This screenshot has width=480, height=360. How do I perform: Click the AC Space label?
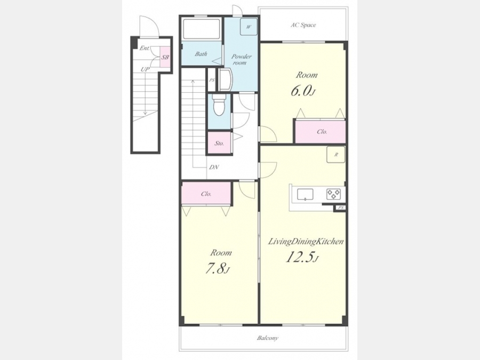pyautogui.click(x=303, y=25)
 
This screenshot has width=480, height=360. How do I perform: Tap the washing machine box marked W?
pyautogui.click(x=248, y=26)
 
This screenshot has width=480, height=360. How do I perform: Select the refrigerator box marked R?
pyautogui.click(x=336, y=154)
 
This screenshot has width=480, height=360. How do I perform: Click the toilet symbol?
pyautogui.click(x=219, y=105)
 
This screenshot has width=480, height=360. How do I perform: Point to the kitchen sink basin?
pyautogui.click(x=305, y=194)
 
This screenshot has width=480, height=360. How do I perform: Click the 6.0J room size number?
pyautogui.click(x=303, y=91)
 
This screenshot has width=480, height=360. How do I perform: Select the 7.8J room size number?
pyautogui.click(x=217, y=269)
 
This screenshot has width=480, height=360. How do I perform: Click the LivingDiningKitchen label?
pyautogui.click(x=306, y=242)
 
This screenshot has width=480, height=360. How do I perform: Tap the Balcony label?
pyautogui.click(x=268, y=338)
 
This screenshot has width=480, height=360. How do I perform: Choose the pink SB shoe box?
pyautogui.click(x=165, y=57)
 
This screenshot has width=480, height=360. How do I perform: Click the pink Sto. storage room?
pyautogui.click(x=219, y=142)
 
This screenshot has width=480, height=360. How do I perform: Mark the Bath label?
pyautogui.click(x=201, y=54)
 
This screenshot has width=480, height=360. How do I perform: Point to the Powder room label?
pyautogui.click(x=241, y=59)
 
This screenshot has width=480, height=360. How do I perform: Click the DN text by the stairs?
pyautogui.click(x=214, y=167)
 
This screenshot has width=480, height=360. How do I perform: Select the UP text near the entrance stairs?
pyautogui.click(x=145, y=69)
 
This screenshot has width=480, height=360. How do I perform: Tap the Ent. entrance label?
pyautogui.click(x=145, y=48)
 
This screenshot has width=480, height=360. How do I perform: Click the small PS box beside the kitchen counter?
pyautogui.click(x=340, y=207)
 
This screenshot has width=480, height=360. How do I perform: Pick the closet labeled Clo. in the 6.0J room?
pyautogui.click(x=320, y=132)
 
